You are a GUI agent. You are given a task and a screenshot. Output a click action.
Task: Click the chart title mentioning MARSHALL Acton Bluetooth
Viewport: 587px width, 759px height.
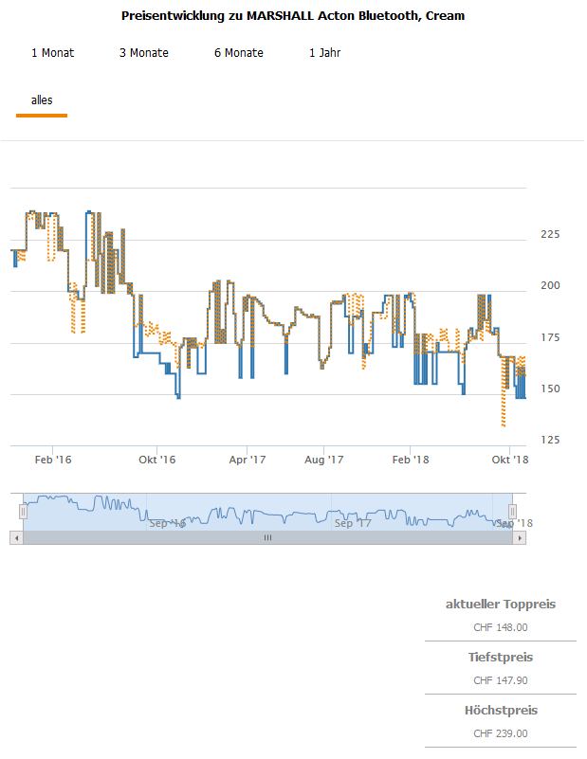pos(293,16)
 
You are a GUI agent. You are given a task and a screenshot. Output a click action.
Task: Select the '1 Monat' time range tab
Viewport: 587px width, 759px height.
pos(52,53)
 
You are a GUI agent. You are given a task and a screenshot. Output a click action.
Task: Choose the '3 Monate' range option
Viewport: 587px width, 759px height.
pos(144,53)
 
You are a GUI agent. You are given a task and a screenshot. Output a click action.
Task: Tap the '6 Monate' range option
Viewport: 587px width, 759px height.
pos(239,53)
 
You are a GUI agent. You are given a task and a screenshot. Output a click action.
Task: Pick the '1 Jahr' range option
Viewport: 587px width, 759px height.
pos(324,53)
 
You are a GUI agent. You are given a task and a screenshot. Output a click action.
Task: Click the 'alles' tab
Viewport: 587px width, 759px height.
pos(42,99)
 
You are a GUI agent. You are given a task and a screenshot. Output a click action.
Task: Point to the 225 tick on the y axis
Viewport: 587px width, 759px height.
pos(550,234)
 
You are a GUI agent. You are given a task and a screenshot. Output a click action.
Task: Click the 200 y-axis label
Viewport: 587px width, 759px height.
pos(550,285)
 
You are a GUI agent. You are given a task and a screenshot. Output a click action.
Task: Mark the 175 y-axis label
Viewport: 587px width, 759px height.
pos(550,337)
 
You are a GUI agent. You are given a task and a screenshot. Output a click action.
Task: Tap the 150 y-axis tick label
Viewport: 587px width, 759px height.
pos(550,389)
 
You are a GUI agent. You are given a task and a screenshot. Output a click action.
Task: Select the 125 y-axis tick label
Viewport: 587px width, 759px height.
pos(550,440)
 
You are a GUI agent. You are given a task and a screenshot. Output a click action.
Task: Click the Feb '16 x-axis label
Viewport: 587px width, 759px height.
pos(52,460)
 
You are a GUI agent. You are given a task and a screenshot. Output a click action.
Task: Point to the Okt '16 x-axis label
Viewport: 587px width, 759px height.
pos(157,460)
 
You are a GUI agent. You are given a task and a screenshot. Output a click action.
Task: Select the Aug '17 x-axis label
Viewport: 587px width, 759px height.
pos(323,460)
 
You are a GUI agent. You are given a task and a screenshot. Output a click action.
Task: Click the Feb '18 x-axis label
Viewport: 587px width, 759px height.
pos(410,460)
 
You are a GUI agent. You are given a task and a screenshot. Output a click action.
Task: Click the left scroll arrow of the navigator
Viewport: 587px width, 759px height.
pos(15,537)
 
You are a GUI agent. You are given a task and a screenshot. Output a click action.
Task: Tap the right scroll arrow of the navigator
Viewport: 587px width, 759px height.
pos(519,537)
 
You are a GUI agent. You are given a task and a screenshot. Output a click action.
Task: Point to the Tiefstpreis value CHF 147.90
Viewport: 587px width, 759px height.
pos(501,679)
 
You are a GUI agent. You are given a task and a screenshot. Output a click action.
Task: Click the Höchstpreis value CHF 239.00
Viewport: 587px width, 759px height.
pos(501,732)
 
